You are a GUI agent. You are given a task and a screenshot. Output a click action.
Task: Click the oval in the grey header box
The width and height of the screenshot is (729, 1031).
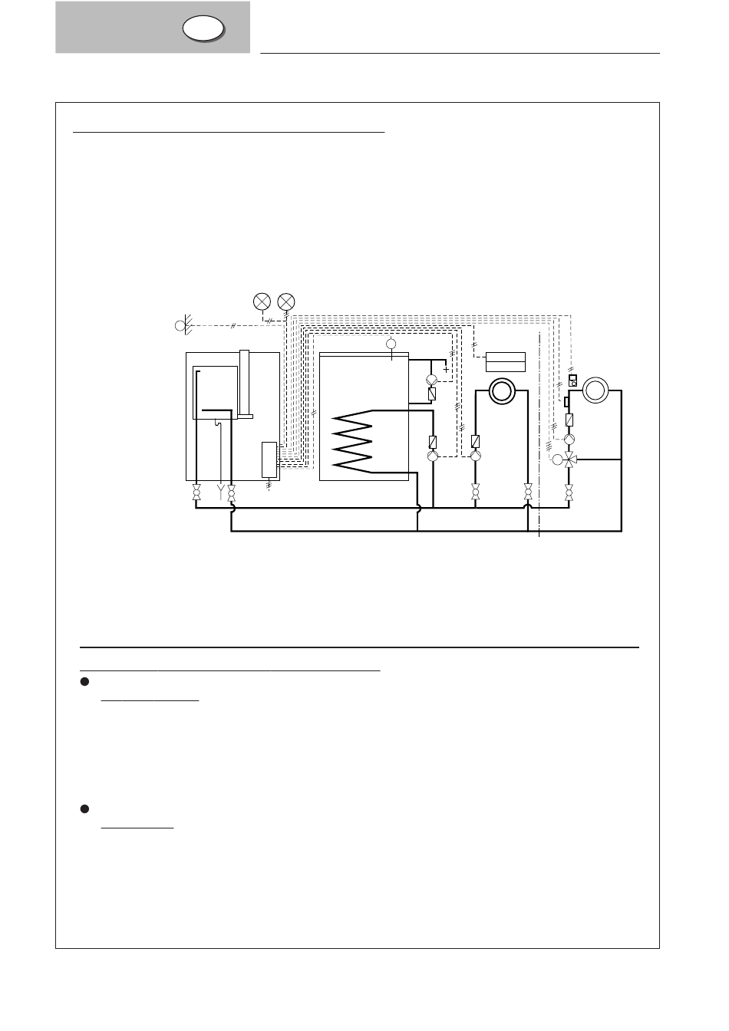(x=204, y=28)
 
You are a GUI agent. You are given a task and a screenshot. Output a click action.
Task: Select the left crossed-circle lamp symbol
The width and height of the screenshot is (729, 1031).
(x=262, y=302)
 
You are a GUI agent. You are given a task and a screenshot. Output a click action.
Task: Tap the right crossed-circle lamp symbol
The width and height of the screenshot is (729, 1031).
(x=286, y=302)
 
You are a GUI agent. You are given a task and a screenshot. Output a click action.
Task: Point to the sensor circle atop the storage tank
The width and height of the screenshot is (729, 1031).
(x=391, y=343)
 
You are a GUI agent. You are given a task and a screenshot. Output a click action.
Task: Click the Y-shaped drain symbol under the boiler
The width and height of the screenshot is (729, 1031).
(x=221, y=489)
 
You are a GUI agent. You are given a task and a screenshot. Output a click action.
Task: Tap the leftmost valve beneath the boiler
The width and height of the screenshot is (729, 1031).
(x=196, y=492)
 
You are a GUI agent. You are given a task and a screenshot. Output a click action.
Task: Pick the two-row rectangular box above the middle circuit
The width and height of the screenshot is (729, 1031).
(x=506, y=361)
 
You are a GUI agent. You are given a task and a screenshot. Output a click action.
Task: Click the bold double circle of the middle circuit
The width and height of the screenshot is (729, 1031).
(x=502, y=392)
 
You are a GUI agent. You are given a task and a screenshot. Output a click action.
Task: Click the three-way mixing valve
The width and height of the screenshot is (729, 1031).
(x=569, y=460)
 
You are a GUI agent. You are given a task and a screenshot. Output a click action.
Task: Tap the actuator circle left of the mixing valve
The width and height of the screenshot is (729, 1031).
(x=556, y=460)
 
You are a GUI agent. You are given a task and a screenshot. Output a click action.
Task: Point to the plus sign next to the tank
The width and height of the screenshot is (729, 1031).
(x=446, y=370)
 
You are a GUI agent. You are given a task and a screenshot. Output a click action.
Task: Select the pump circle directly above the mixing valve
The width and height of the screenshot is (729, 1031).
(x=569, y=440)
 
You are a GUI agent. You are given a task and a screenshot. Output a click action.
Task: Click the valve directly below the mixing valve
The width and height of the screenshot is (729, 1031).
(x=569, y=492)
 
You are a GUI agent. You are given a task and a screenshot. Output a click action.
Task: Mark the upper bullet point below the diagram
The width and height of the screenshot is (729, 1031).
(x=85, y=682)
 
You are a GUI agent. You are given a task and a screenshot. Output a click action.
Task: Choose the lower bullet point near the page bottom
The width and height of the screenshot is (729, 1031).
(x=85, y=809)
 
